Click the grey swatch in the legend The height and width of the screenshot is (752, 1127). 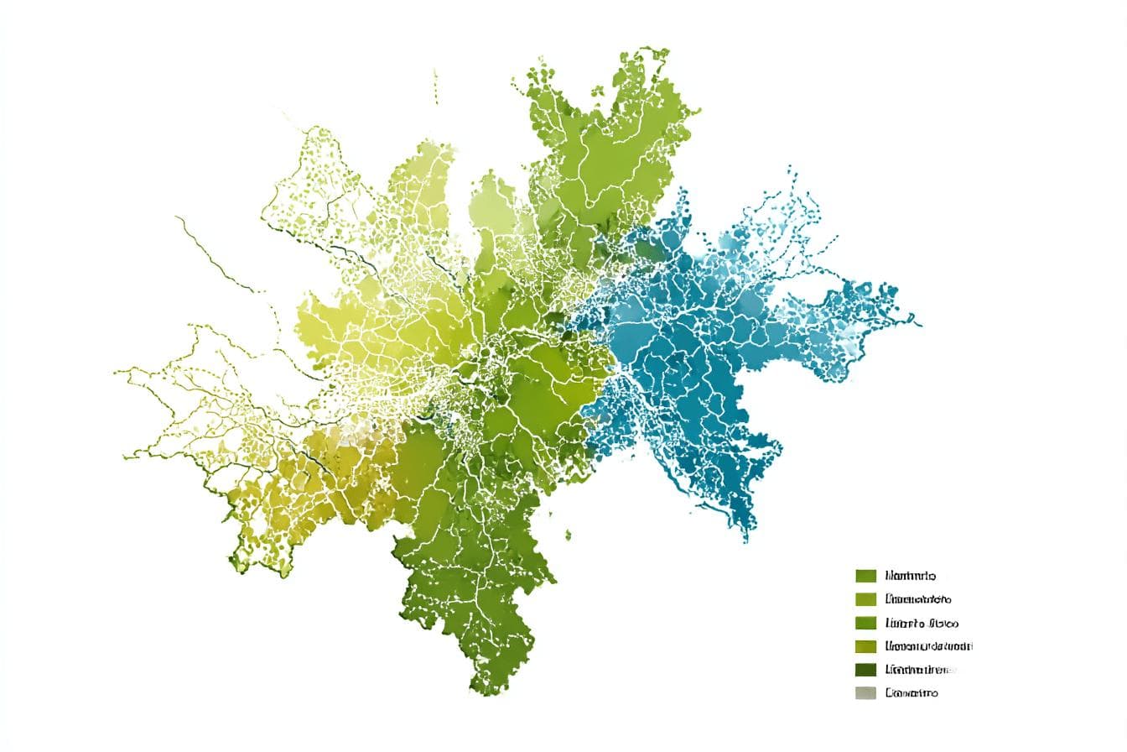coord(865,692)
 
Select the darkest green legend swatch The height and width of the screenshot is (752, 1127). coord(865,669)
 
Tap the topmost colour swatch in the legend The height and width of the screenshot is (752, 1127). coord(865,576)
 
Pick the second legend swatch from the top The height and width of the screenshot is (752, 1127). coord(865,599)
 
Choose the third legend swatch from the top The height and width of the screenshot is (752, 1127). coord(865,623)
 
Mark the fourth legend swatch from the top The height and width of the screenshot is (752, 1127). coord(865,646)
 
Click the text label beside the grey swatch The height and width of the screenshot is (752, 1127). coord(911,692)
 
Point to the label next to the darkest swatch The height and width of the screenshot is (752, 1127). coord(921,669)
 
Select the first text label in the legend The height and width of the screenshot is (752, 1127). coord(910,576)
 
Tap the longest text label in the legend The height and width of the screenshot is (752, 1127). coord(928,646)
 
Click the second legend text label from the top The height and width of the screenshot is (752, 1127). coord(917,599)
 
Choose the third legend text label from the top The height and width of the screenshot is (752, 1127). coord(921,623)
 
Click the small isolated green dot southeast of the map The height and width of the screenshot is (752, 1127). coord(569,533)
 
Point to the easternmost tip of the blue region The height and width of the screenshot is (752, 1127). coord(920,324)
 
